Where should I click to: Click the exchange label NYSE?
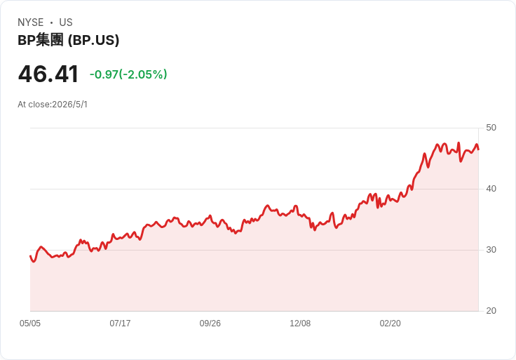tap(31, 22)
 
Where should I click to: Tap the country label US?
tap(66, 22)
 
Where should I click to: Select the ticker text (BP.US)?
tap(93, 40)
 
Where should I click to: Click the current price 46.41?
tap(48, 74)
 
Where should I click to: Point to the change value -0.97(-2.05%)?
tap(128, 74)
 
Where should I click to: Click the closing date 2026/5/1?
tap(70, 105)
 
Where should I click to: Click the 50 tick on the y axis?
tap(491, 128)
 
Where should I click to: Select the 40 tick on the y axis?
tap(491, 189)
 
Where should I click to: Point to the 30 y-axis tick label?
tap(491, 250)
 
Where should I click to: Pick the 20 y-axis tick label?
tap(491, 311)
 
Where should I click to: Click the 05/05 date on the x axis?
tap(30, 324)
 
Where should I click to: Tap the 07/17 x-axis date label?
tap(120, 324)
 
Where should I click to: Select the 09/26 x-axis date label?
tap(210, 324)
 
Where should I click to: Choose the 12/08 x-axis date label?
tap(300, 324)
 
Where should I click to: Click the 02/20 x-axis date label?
tap(391, 324)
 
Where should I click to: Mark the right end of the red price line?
tap(478, 149)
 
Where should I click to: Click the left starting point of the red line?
tap(30, 256)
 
